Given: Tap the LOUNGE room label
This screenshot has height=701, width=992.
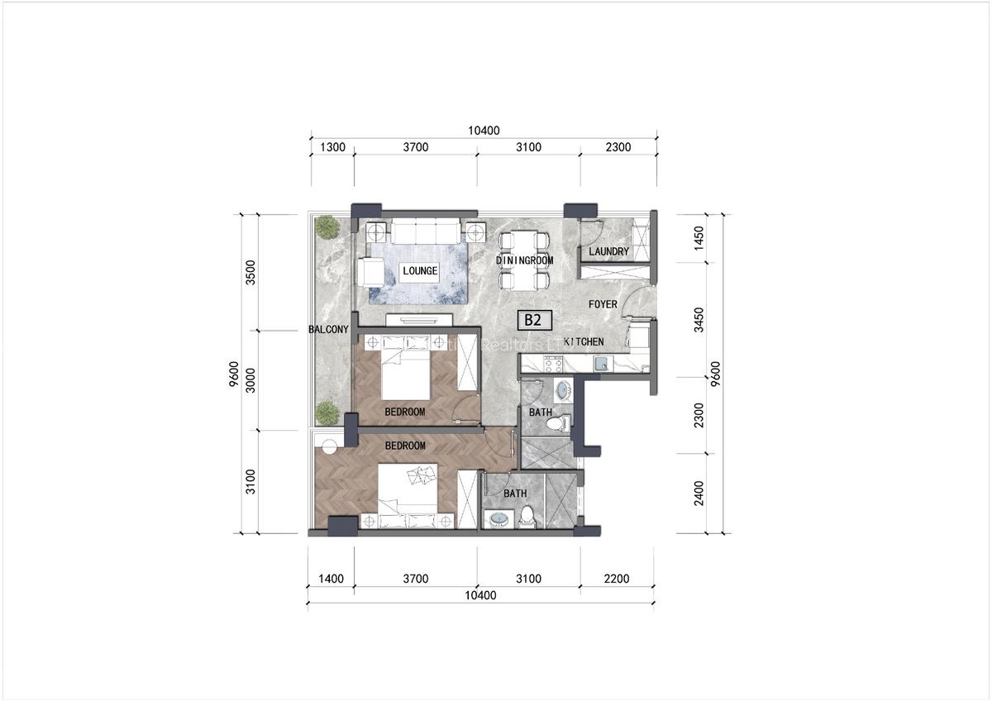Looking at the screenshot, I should (x=419, y=271).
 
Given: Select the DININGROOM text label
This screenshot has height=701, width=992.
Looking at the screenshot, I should (x=524, y=260).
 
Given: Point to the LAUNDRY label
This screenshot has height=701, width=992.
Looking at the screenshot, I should (x=608, y=251).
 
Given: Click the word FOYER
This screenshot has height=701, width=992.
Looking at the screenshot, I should (x=603, y=304).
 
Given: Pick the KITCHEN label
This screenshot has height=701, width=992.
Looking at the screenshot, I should (x=584, y=342).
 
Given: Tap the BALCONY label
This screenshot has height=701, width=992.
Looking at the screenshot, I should (x=329, y=329).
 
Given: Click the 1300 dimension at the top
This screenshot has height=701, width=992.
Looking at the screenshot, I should (x=331, y=148).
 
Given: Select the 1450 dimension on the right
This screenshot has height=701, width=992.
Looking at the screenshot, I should (x=699, y=238).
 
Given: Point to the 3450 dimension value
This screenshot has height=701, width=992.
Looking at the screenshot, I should (x=699, y=320).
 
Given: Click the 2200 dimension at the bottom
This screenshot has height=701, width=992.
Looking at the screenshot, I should (x=617, y=579).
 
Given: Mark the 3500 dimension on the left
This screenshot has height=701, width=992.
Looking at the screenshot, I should (x=250, y=272).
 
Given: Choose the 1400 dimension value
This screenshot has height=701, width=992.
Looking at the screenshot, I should (x=331, y=579).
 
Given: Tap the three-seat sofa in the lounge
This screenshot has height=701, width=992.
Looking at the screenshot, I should (x=426, y=231).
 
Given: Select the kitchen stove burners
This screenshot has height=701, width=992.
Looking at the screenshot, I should (x=551, y=363).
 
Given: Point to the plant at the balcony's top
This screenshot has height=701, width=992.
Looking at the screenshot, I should (x=327, y=227).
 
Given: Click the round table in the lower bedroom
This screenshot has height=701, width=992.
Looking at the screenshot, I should (x=329, y=448).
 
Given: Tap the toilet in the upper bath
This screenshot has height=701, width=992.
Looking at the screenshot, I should (x=560, y=422).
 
